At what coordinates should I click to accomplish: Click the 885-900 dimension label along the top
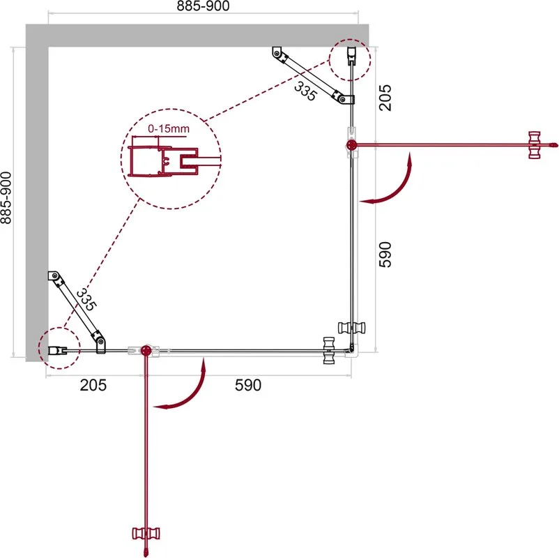tap(203, 6)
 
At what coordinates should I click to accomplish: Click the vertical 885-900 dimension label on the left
tap(6, 198)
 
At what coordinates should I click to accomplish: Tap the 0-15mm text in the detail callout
tap(169, 129)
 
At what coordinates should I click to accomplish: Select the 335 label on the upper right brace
tap(305, 91)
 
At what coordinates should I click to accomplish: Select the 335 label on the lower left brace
tap(86, 299)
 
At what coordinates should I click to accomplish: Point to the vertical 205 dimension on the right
tap(385, 98)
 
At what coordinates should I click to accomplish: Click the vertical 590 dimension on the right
tap(385, 255)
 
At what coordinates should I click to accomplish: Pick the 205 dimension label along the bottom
tap(93, 385)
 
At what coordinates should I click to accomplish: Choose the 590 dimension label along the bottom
tap(248, 385)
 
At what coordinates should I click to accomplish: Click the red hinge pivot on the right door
tap(351, 145)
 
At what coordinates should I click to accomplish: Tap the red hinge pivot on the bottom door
tap(146, 351)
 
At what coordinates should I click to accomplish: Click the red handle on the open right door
tap(535, 145)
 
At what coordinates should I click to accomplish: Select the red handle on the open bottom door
tap(146, 534)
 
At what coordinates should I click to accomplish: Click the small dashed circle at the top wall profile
tap(350, 59)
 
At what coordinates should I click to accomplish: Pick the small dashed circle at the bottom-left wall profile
tap(59, 348)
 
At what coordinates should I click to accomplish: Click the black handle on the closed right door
tap(351, 328)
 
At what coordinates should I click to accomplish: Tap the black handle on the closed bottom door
tap(329, 350)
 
